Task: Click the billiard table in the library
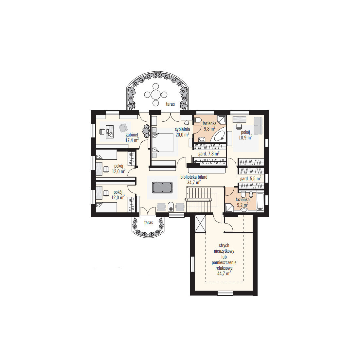click(x=162, y=188)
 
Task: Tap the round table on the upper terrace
click(x=156, y=95)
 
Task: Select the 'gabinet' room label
click(x=132, y=135)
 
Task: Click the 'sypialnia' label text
click(x=182, y=129)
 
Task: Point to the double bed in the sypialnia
click(x=162, y=143)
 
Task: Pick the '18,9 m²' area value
click(x=245, y=137)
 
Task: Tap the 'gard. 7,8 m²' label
click(x=209, y=153)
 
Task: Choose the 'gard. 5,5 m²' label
click(x=251, y=178)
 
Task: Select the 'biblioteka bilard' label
click(x=194, y=177)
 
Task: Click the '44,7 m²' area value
click(x=224, y=274)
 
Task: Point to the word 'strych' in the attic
click(x=224, y=245)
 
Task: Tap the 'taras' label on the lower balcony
click(x=149, y=223)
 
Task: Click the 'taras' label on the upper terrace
click(x=171, y=104)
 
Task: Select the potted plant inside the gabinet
click(x=146, y=131)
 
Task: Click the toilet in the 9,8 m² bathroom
click(x=197, y=120)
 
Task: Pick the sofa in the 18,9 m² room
click(x=258, y=126)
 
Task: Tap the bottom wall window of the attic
click(x=225, y=293)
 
